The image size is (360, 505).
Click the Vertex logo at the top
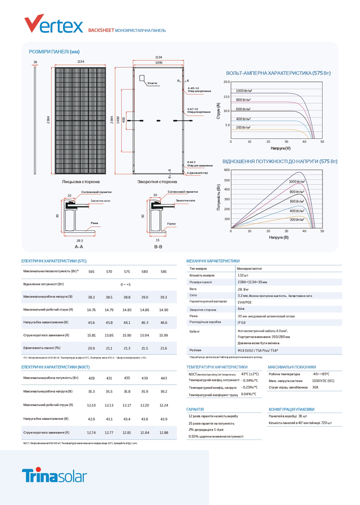(54, 24)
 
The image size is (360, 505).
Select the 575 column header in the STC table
(127, 271)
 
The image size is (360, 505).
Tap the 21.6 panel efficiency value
(163, 348)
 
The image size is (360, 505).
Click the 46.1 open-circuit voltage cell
(127, 323)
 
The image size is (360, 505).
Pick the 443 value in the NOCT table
(163, 378)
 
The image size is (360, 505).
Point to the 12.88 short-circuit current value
(163, 433)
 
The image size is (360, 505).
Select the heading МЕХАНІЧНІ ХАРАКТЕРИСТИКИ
(213, 261)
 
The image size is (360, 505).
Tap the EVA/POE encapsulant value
(245, 302)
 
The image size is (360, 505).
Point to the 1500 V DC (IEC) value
(323, 381)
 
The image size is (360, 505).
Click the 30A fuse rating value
(315, 387)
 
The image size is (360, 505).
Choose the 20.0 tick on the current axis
(226, 82)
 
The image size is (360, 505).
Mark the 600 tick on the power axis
(227, 170)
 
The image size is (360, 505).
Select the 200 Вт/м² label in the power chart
(297, 220)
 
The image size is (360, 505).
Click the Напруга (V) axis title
(280, 148)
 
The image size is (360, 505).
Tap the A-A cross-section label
(79, 247)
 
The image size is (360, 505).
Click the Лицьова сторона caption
(81, 182)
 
